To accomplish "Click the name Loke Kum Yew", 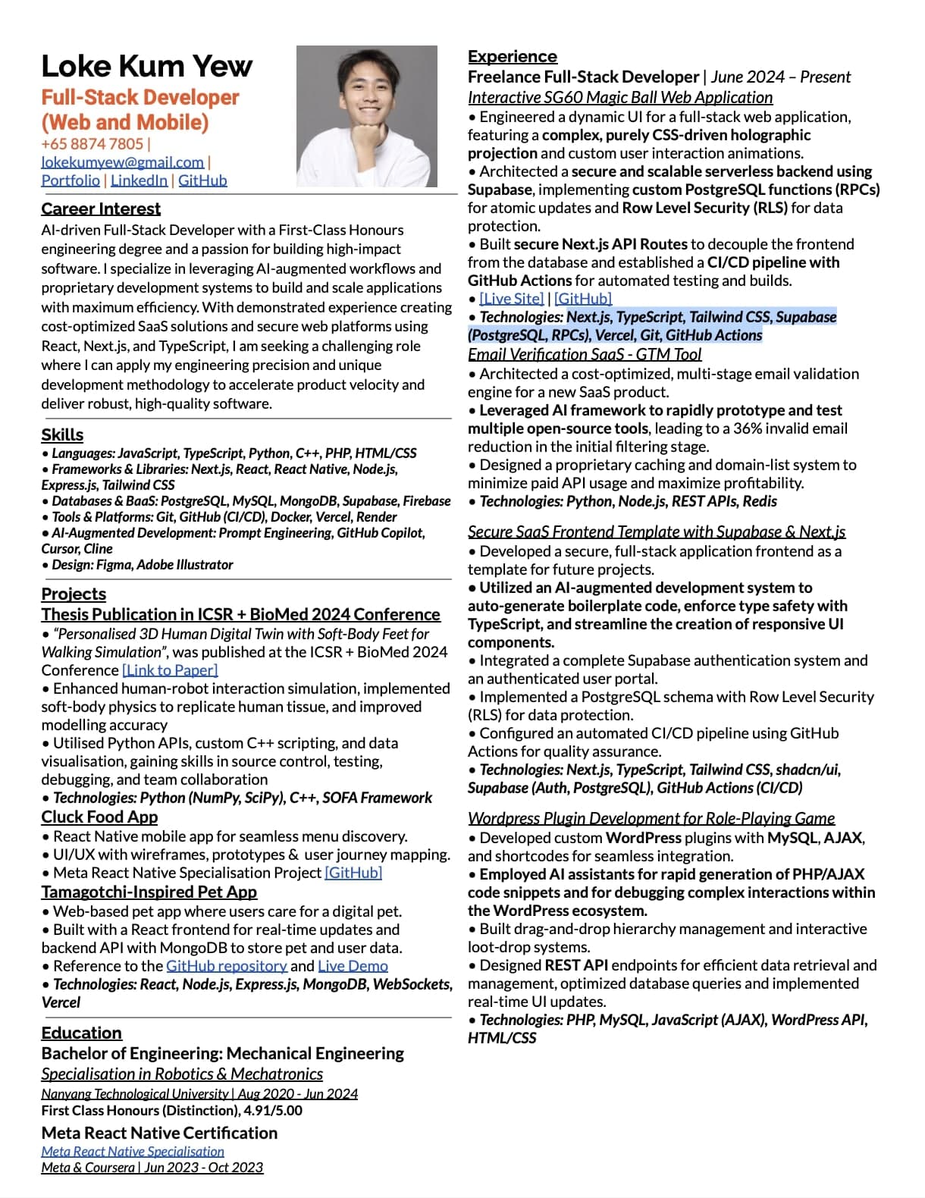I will tap(146, 67).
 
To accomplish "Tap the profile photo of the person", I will tap(366, 116).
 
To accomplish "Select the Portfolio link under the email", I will tap(71, 180).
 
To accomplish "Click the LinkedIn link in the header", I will tap(139, 180).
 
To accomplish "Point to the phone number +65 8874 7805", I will tap(92, 144).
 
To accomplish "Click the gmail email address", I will tap(122, 162).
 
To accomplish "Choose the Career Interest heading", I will tap(101, 209).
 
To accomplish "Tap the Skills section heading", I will tap(62, 435).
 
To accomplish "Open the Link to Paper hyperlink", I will tap(170, 670).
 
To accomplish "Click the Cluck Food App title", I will tap(99, 817).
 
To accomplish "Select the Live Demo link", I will tap(353, 966).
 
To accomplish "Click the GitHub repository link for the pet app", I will tap(226, 966).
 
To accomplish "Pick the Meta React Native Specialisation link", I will tap(133, 1151).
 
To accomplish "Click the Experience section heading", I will tap(512, 57).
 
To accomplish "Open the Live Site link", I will tap(511, 299).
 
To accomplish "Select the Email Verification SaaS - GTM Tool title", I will tap(584, 355).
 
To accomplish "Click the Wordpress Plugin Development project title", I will tap(651, 819).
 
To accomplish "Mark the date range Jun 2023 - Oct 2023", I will tap(204, 1168).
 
